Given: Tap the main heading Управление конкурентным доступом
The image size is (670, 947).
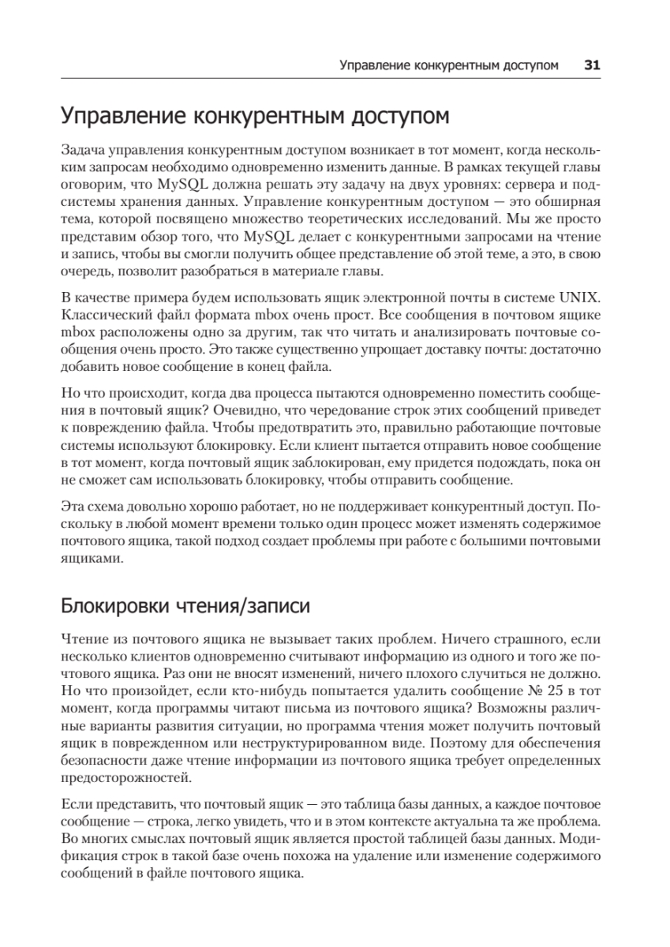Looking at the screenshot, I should pos(255,117).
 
